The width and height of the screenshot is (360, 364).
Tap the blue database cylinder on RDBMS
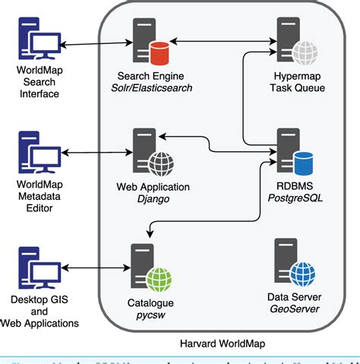coord(304,162)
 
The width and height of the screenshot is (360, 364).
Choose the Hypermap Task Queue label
coord(297,82)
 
